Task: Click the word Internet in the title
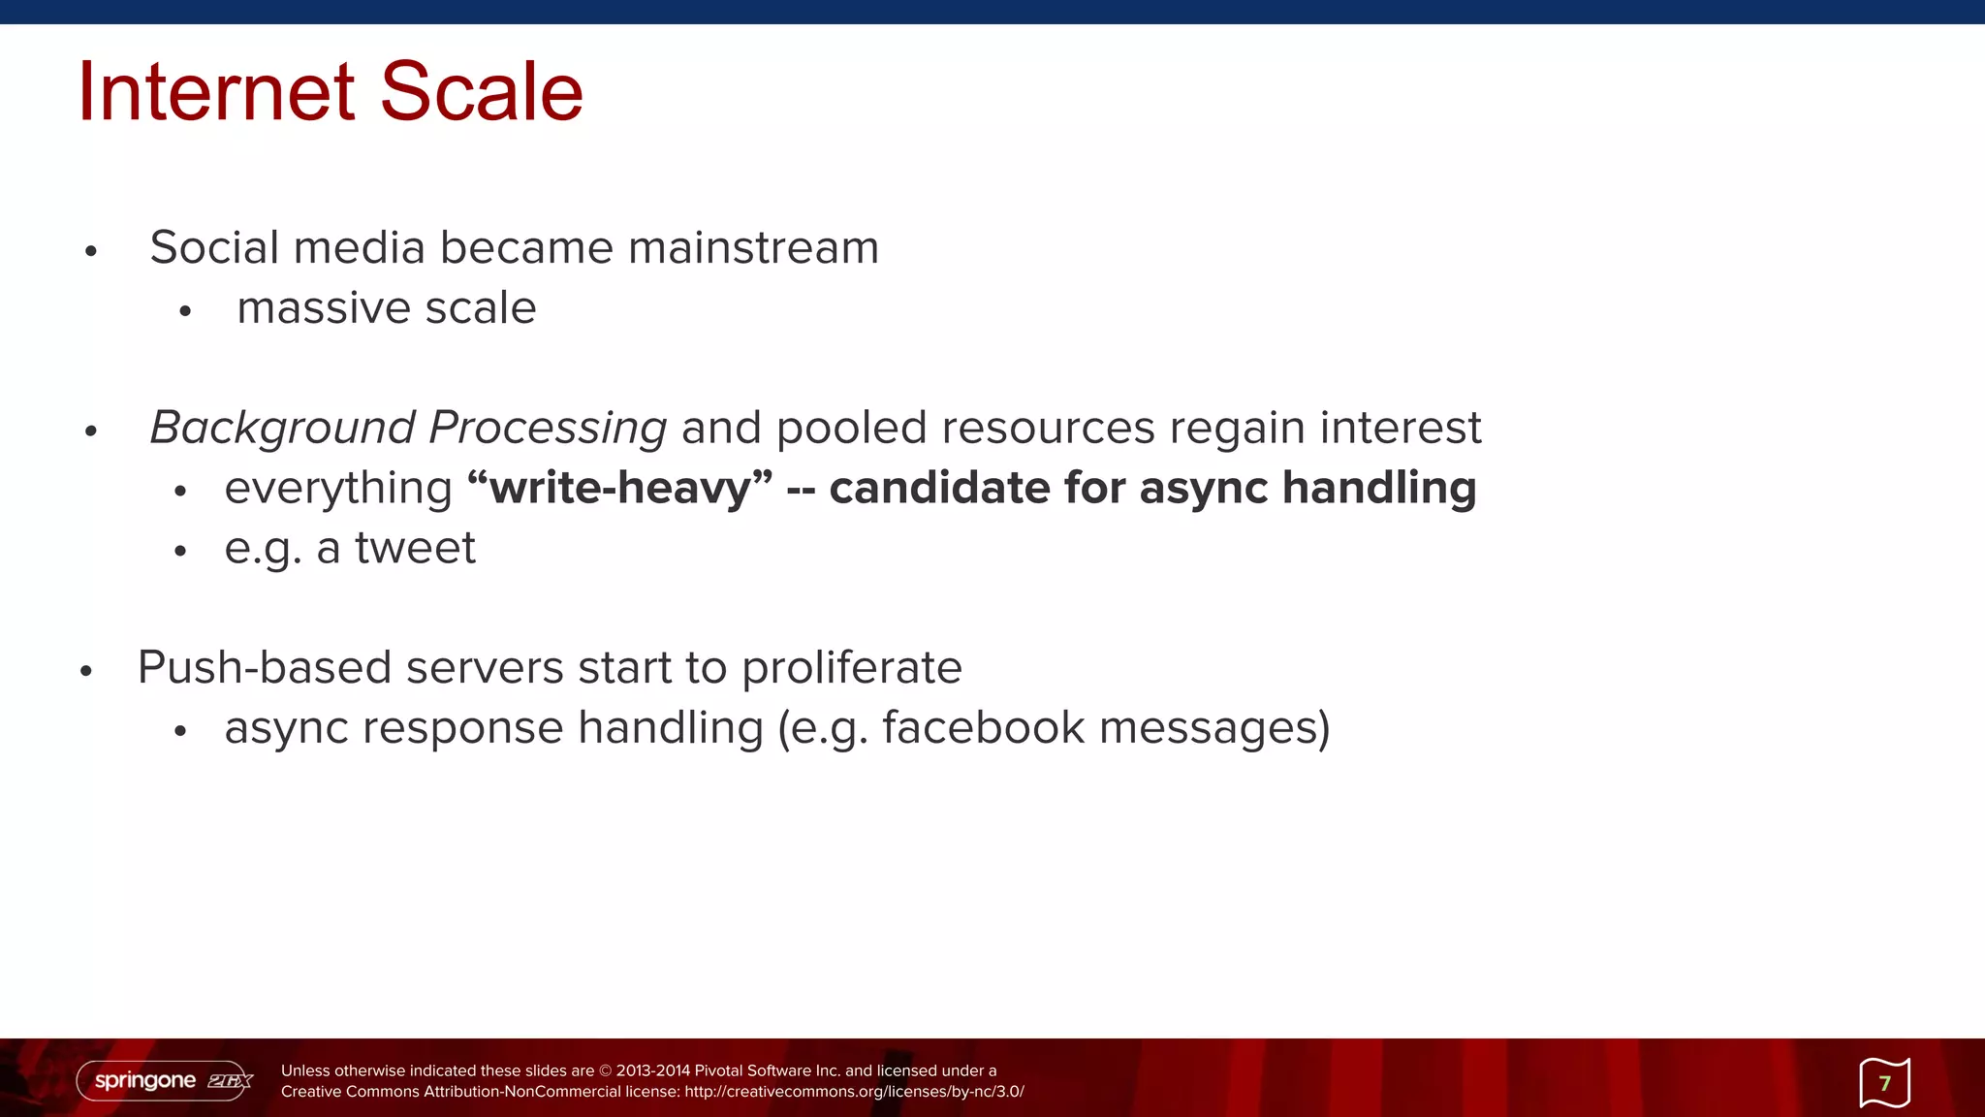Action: coord(216,91)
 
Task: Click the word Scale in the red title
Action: coord(481,91)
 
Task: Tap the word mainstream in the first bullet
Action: coord(753,247)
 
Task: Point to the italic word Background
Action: coord(282,429)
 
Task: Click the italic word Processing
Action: coord(548,429)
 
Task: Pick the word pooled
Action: coord(851,428)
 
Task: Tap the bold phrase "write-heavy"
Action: coord(620,488)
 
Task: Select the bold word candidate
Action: coord(938,488)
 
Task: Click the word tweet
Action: coord(415,548)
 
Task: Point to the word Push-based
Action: coord(264,668)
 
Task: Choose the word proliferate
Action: coord(851,668)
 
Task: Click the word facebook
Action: coord(983,728)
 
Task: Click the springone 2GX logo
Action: coord(165,1080)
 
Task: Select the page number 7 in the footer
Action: coord(1884,1083)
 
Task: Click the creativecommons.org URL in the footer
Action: coord(853,1092)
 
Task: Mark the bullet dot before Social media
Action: coord(91,252)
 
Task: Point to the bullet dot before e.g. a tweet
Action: coord(179,552)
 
